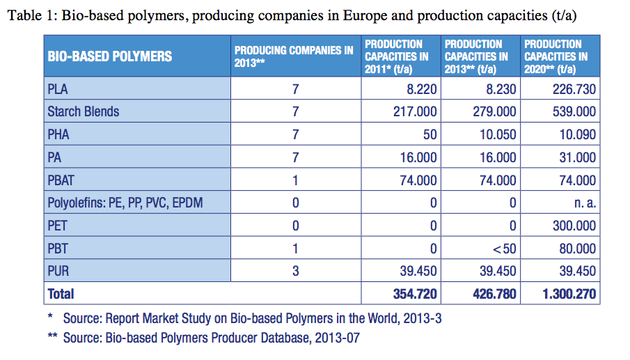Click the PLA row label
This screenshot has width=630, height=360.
coord(58,89)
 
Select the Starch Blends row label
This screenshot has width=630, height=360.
coord(83,111)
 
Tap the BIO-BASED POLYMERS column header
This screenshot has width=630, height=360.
coord(109,56)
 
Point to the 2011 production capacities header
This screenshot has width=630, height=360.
coord(397,56)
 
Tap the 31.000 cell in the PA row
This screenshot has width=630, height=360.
coord(578,157)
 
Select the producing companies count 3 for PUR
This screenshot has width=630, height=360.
coord(295,272)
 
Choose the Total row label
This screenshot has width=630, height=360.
coord(61,294)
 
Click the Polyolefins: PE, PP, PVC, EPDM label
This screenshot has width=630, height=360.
coord(127,203)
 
